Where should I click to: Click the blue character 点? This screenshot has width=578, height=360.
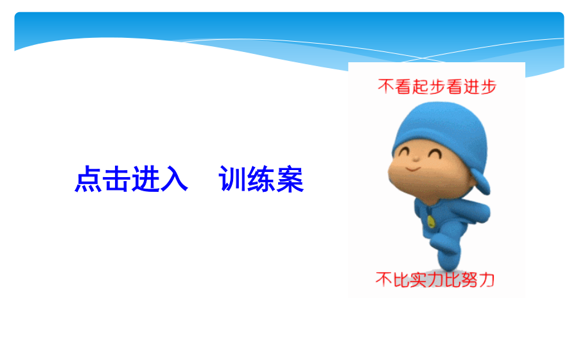[x=89, y=179]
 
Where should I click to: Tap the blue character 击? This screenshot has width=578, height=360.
[x=117, y=179]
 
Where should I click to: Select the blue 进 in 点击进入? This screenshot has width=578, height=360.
[x=146, y=179]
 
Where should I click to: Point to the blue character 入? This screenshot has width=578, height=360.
[x=174, y=179]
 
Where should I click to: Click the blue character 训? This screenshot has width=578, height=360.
[x=232, y=179]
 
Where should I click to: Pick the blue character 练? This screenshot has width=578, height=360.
[x=261, y=179]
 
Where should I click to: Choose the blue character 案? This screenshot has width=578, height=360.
[x=290, y=179]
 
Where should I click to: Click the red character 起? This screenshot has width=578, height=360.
[x=420, y=87]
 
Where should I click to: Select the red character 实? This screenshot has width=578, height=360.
[x=418, y=280]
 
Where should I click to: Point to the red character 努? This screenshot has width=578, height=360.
[x=469, y=280]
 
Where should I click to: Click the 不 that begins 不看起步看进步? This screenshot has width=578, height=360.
[x=386, y=87]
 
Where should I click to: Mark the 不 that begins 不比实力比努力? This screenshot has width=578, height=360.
[x=384, y=280]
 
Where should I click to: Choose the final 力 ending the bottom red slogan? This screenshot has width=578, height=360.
[x=487, y=280]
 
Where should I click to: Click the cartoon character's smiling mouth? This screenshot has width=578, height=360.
[x=413, y=169]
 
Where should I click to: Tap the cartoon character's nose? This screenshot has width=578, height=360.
[x=416, y=158]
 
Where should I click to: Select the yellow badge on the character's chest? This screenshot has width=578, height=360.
[x=431, y=222]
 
